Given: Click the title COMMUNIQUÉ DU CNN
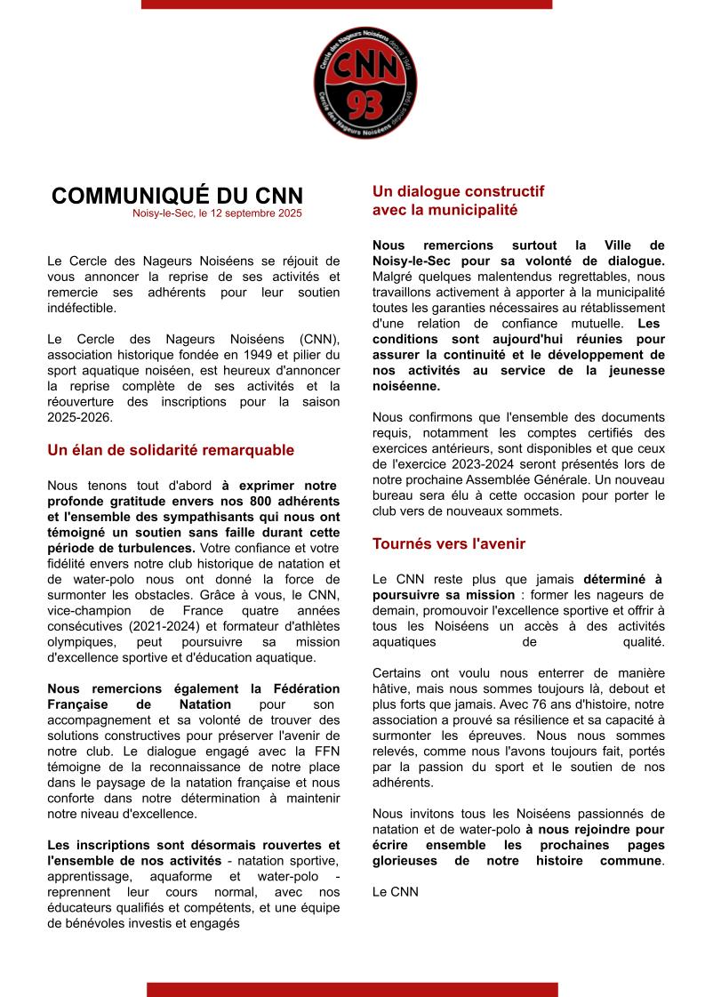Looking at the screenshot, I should tap(177, 196).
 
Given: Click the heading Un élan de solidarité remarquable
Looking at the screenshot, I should tap(171, 450).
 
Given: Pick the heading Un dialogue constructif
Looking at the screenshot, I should tap(458, 191).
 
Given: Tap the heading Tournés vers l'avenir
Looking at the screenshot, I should tap(449, 543).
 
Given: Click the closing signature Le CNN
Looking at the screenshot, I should tap(395, 891).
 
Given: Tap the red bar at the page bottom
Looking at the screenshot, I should tap(352, 989).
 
